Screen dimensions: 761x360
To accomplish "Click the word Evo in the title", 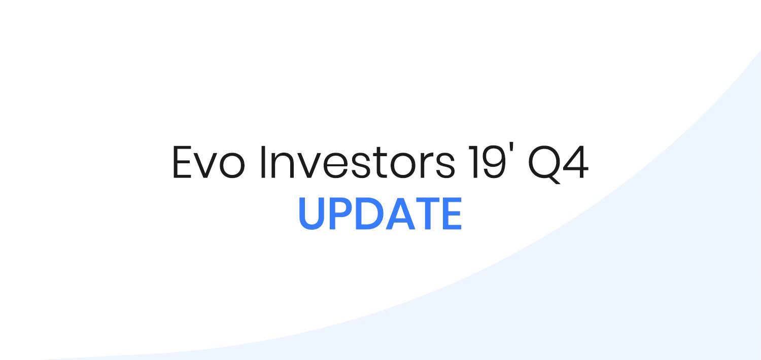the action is pyautogui.click(x=209, y=162).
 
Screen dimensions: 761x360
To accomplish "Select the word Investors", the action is pyautogui.click(x=357, y=162).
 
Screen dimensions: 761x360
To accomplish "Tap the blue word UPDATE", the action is pyautogui.click(x=380, y=213).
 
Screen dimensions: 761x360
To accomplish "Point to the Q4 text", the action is pyautogui.click(x=558, y=164).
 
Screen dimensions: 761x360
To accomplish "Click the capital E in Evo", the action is pyautogui.click(x=183, y=162).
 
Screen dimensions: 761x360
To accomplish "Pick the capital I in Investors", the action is pyautogui.click(x=263, y=162).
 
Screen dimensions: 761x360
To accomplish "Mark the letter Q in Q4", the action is pyautogui.click(x=545, y=164).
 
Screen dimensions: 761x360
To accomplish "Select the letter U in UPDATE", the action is pyautogui.click(x=311, y=213).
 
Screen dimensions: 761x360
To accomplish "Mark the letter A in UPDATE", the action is pyautogui.click(x=401, y=213).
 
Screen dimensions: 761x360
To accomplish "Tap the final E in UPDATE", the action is pyautogui.click(x=453, y=213).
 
